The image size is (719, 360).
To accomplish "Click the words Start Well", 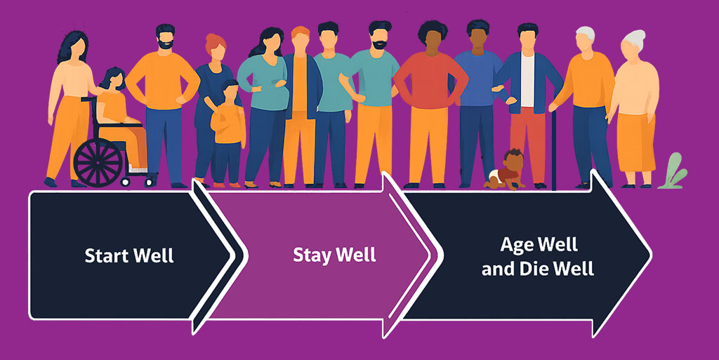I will coord(129,255).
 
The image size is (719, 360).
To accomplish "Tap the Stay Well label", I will coord(334,255).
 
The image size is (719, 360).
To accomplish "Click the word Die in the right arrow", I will coord(540,269).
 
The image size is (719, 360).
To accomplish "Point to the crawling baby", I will coord(507,171).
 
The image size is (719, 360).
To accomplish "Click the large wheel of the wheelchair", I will coord(98,161).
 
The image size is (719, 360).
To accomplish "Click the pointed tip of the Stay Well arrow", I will coord(430,255).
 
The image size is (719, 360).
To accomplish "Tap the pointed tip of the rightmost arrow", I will coord(650,255).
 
